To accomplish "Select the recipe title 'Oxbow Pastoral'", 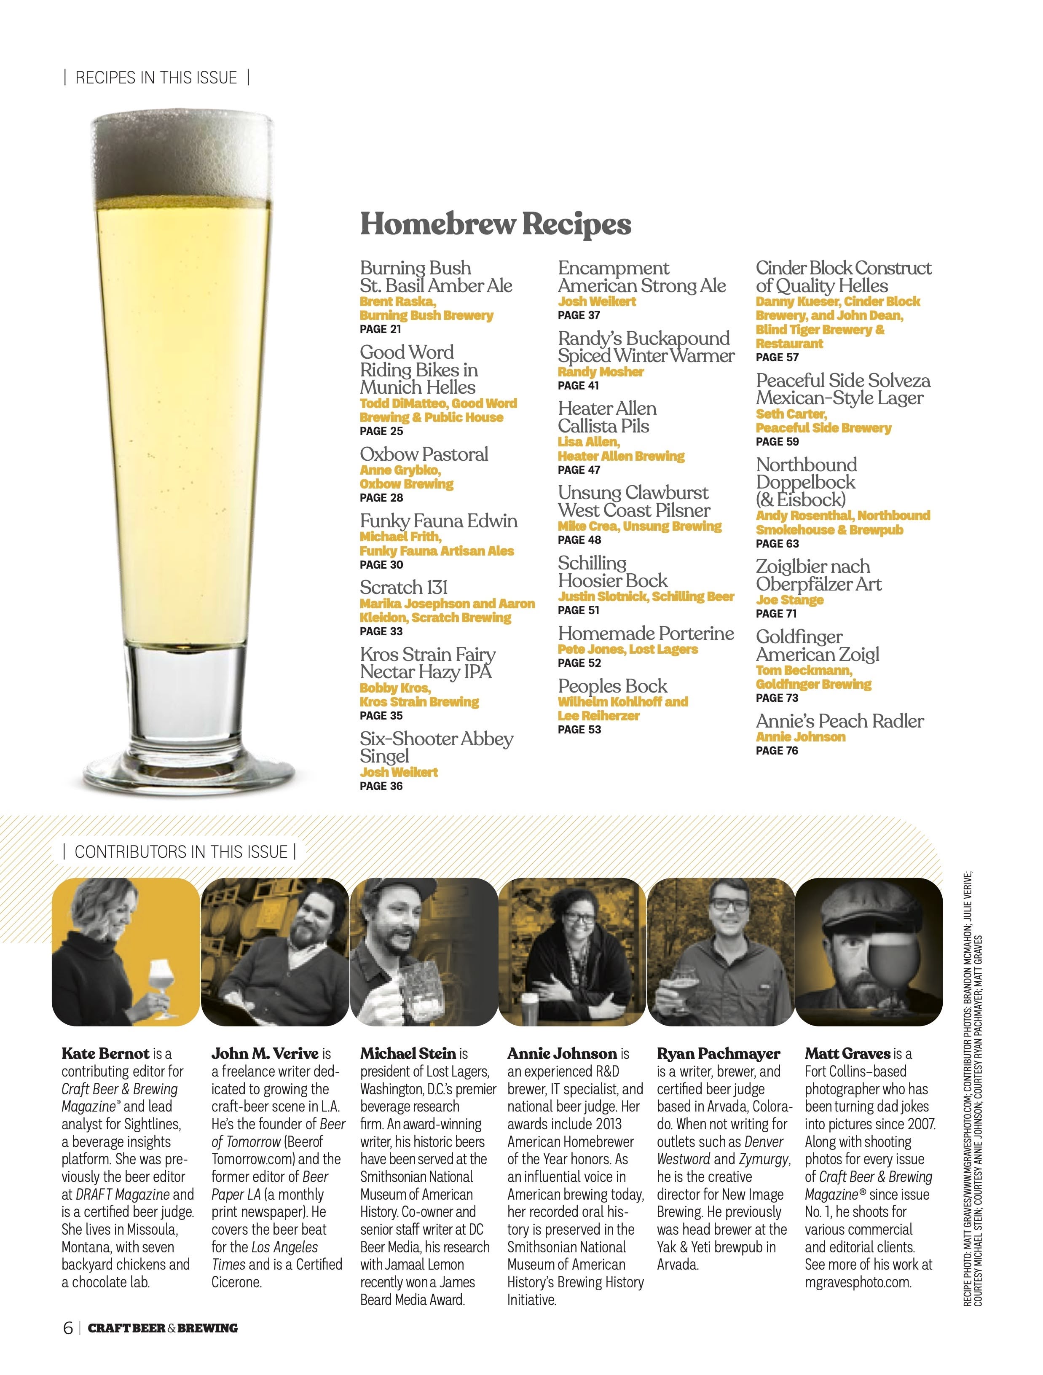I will (x=424, y=454).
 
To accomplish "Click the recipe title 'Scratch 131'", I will (x=403, y=588).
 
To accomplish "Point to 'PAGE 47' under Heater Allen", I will (x=579, y=470).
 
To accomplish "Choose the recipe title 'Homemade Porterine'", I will (x=645, y=634).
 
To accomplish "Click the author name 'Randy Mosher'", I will (x=601, y=372).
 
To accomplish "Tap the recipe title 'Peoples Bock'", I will (x=612, y=686).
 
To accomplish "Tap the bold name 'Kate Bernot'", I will (x=106, y=1054).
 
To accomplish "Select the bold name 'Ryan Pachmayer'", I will (x=719, y=1054).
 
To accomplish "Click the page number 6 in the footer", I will (x=68, y=1328).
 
